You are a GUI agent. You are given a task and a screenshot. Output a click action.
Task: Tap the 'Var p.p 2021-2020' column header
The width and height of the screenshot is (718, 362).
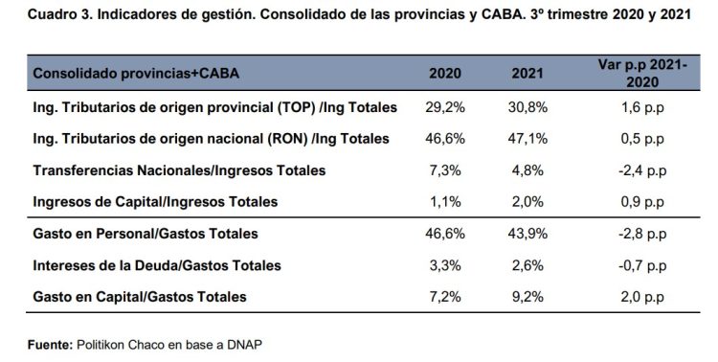pos(635,75)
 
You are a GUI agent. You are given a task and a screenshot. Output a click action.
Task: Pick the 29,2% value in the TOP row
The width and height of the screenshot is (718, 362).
pos(444,107)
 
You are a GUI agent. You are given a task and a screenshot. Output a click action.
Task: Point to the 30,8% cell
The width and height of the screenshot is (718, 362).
pos(526,107)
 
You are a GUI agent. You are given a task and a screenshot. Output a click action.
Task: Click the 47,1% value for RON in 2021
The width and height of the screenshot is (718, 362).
pos(526,139)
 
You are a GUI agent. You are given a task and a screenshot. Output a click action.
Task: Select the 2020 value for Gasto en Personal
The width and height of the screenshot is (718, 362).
pos(444,234)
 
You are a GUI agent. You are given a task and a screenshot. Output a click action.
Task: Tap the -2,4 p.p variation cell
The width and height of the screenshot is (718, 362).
pos(635,170)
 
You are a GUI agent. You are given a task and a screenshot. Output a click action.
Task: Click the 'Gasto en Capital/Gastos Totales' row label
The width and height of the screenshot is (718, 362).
pos(141,297)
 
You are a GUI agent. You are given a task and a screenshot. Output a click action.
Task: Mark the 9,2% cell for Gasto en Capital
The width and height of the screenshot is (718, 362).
pos(526,297)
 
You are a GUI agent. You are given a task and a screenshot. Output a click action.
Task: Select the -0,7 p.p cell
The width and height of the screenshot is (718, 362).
pos(635,265)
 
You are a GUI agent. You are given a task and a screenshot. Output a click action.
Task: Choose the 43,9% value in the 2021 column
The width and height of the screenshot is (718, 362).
pos(526,234)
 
